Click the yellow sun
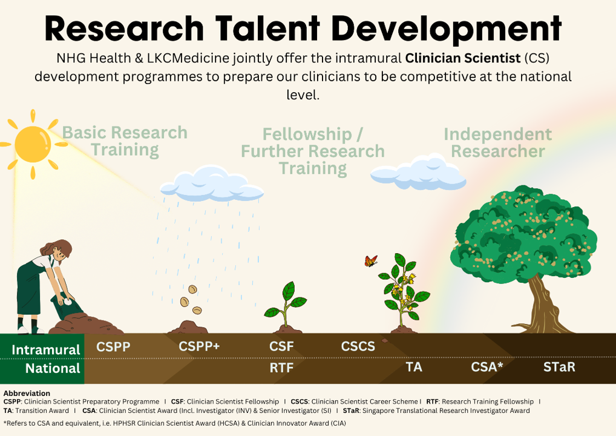pyautogui.click(x=33, y=144)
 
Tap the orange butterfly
pyautogui.click(x=371, y=260)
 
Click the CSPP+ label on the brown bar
pyautogui.click(x=199, y=346)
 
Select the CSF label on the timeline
pyautogui.click(x=281, y=346)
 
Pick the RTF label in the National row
pyautogui.click(x=281, y=368)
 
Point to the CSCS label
pyautogui.click(x=358, y=346)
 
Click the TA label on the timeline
pyautogui.click(x=414, y=367)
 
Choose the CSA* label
pyautogui.click(x=487, y=367)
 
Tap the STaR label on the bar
pyautogui.click(x=559, y=367)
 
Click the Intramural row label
pyautogui.click(x=46, y=349)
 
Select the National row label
pyautogui.click(x=53, y=368)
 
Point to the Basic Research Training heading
pyautogui.click(x=125, y=141)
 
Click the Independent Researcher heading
pyautogui.click(x=498, y=143)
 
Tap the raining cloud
pyautogui.click(x=212, y=183)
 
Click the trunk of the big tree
pyautogui.click(x=542, y=305)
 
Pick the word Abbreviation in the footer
pyautogui.click(x=27, y=393)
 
